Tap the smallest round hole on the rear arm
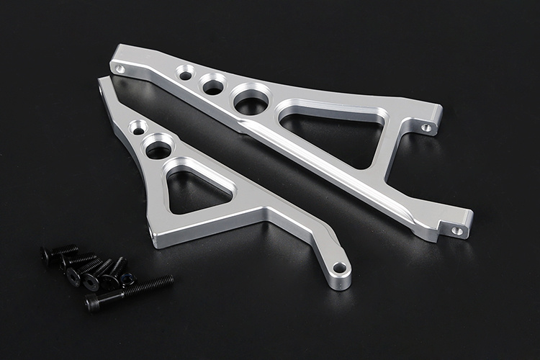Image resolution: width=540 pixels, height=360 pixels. click(186, 73)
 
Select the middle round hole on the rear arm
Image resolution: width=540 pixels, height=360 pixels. click(213, 86)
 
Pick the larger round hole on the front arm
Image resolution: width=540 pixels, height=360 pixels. click(158, 148)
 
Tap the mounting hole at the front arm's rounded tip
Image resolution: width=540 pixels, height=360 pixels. click(339, 269)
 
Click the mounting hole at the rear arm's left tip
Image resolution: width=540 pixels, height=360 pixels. click(120, 69)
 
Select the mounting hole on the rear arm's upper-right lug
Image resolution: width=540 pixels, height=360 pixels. click(426, 127)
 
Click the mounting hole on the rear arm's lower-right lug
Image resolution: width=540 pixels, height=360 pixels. click(456, 231)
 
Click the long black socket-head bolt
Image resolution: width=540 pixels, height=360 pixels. click(130, 292)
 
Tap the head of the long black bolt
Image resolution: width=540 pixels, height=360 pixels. click(93, 304)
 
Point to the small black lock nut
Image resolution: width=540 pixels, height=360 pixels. click(128, 278)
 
